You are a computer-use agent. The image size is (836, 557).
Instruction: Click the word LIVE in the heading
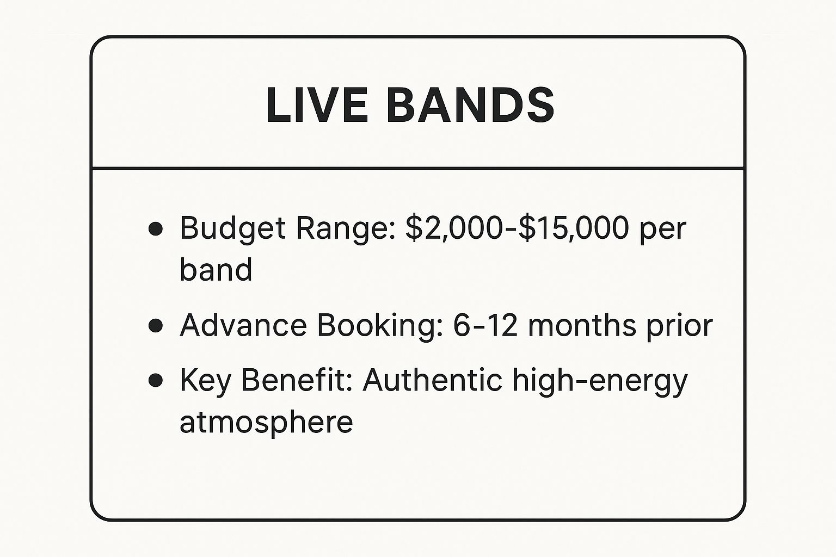click(317, 105)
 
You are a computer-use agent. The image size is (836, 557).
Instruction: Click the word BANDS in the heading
click(470, 105)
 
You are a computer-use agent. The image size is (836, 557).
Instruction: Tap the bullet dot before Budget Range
click(155, 228)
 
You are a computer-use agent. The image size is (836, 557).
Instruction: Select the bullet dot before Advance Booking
click(155, 325)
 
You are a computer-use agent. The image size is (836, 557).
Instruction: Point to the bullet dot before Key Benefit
click(155, 381)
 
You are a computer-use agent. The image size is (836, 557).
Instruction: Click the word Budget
click(232, 229)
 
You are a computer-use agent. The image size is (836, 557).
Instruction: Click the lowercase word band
click(216, 269)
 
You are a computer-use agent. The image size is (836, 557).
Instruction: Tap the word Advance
click(243, 325)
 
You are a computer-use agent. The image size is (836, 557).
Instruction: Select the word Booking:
click(380, 326)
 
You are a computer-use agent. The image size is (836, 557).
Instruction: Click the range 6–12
click(485, 325)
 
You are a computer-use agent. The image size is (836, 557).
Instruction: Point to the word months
click(582, 325)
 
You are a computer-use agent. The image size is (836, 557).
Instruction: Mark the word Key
click(205, 382)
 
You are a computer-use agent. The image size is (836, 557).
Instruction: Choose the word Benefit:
click(297, 380)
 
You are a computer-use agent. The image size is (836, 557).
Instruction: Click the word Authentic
click(432, 380)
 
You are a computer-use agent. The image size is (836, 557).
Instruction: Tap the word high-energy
click(600, 382)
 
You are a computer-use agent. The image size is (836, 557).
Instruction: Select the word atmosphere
click(266, 422)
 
